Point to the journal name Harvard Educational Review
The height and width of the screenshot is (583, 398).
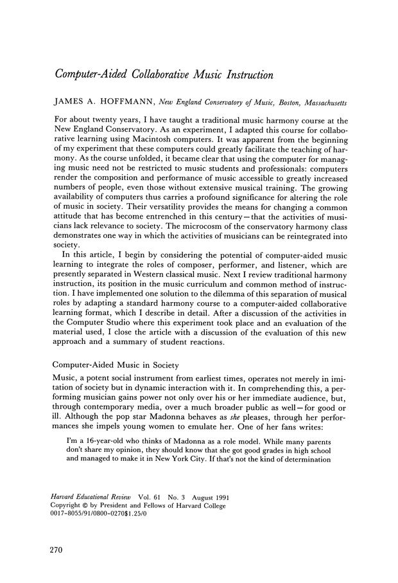point(92,498)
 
